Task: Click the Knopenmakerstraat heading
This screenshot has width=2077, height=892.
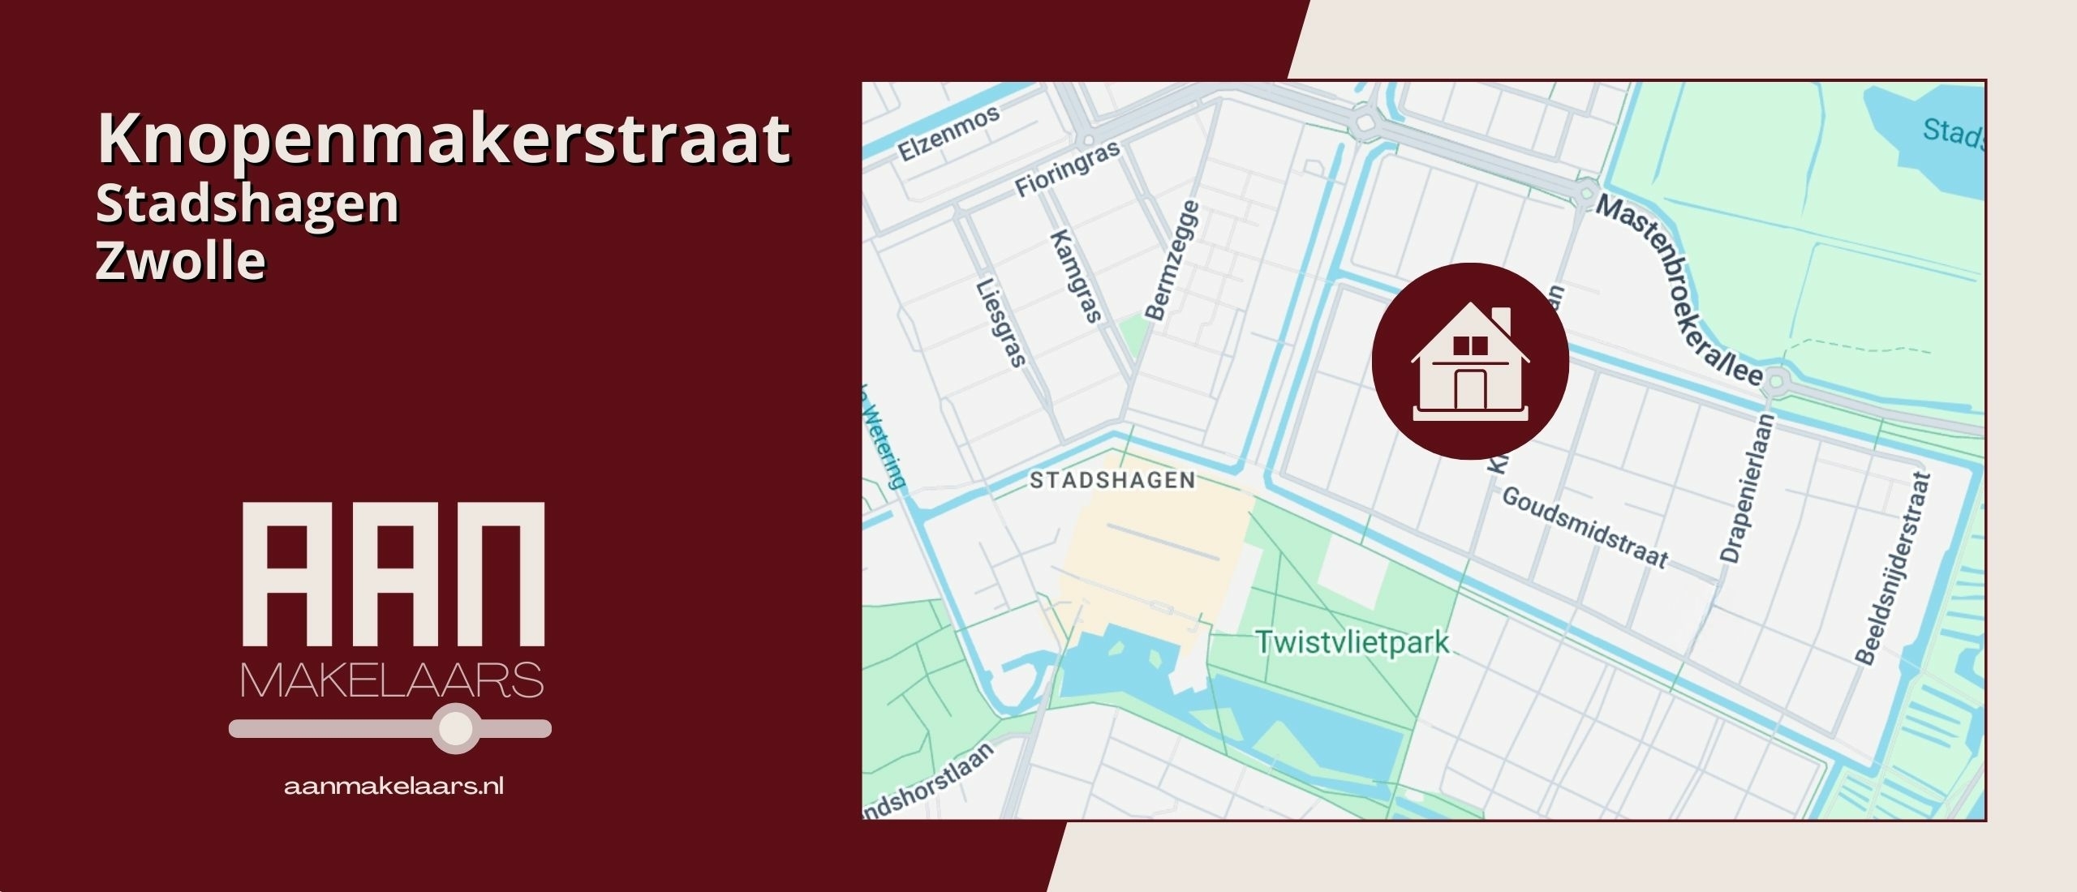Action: pos(443,139)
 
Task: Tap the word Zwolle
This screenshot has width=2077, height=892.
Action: pos(180,261)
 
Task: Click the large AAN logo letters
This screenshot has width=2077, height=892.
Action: pos(393,573)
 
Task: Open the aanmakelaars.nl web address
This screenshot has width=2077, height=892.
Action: pos(393,786)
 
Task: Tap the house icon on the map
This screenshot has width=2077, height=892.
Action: pos(1469,361)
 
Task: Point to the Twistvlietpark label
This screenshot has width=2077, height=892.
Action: pos(1352,643)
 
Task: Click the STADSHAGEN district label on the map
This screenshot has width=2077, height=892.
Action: pos(1112,480)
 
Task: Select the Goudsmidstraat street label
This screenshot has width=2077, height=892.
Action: pos(1585,528)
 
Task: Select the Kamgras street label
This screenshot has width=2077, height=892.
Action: pos(1076,276)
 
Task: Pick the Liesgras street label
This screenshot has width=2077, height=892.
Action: pos(1000,323)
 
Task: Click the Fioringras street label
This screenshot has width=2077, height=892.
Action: pos(1067,169)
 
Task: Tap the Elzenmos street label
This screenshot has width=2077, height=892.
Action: pos(948,135)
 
